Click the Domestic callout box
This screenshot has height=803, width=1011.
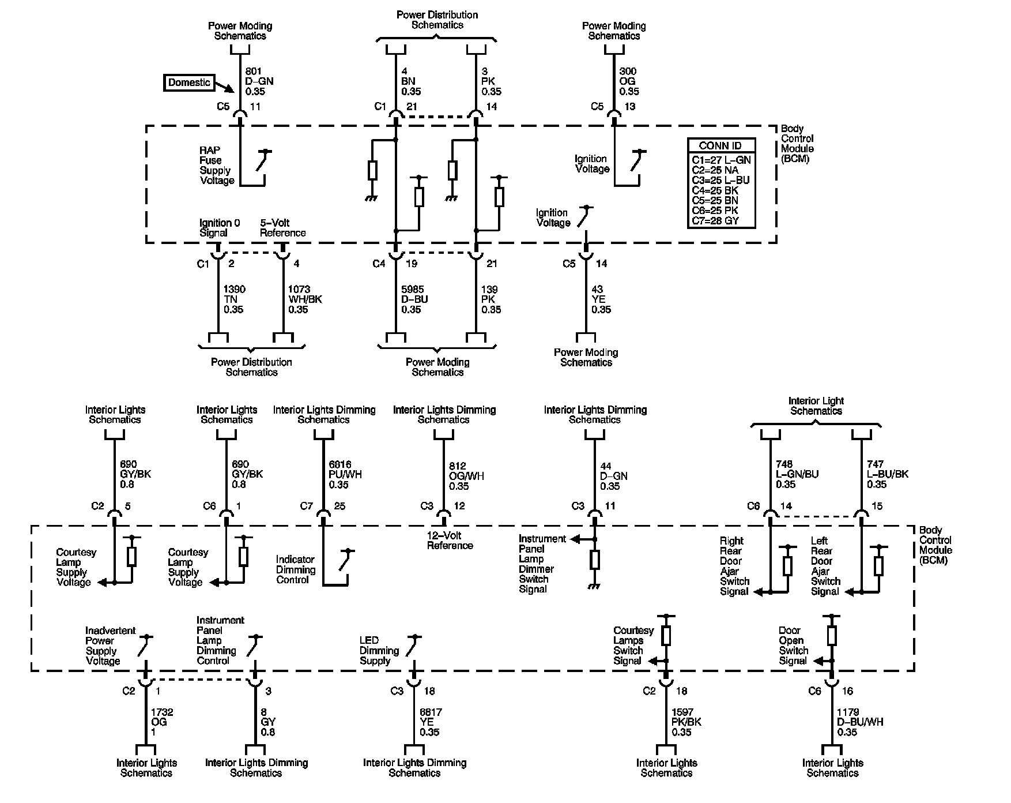point(189,82)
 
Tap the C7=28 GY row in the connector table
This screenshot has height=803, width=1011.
point(715,220)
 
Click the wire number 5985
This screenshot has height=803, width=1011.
point(411,290)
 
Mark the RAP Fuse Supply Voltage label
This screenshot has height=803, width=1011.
point(217,166)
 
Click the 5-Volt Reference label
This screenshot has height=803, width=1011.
point(282,228)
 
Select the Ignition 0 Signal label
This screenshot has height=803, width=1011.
point(220,228)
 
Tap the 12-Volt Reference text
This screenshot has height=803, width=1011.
point(450,540)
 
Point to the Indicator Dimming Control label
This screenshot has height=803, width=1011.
point(296,569)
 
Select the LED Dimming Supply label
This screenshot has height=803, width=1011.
point(379,650)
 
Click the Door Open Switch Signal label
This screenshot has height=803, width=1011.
point(793,646)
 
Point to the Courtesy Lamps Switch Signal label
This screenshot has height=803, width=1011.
point(633,646)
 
